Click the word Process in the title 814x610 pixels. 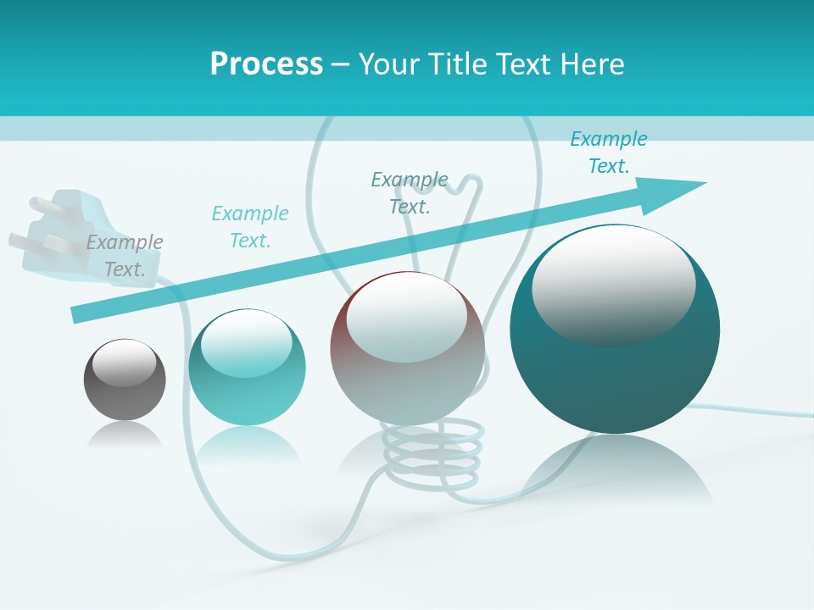click(x=266, y=64)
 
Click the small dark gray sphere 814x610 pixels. click(x=125, y=380)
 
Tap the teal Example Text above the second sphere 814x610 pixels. click(x=250, y=226)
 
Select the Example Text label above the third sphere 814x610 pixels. click(x=410, y=192)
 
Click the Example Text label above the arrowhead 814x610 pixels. click(x=609, y=152)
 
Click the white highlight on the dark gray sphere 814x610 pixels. click(x=124, y=363)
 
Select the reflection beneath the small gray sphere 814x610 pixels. click(x=125, y=435)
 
